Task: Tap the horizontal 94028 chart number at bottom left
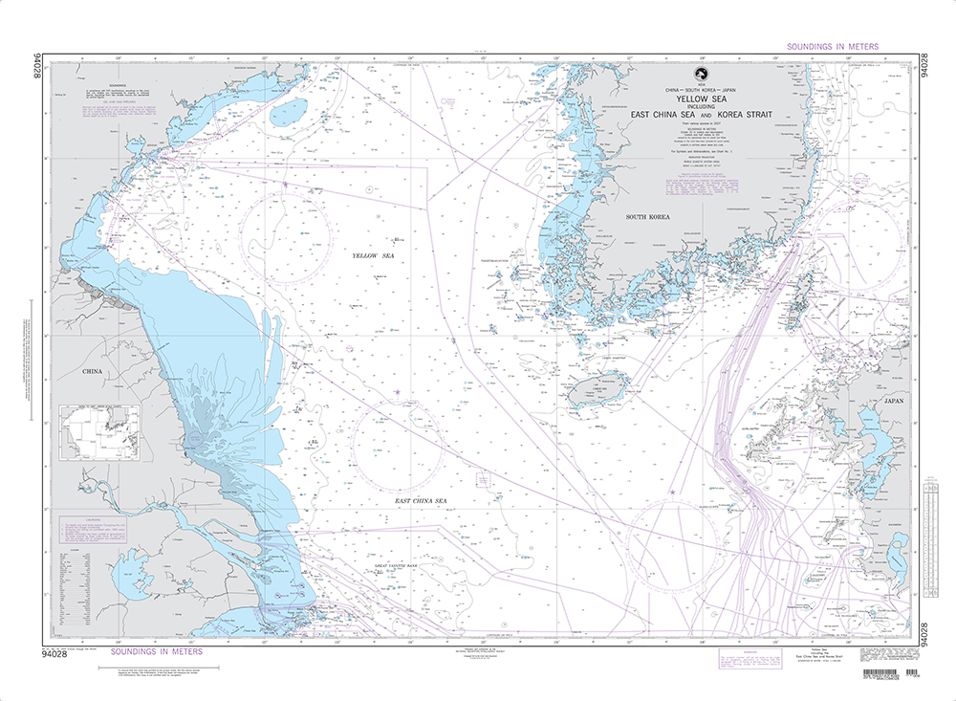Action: (72, 652)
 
